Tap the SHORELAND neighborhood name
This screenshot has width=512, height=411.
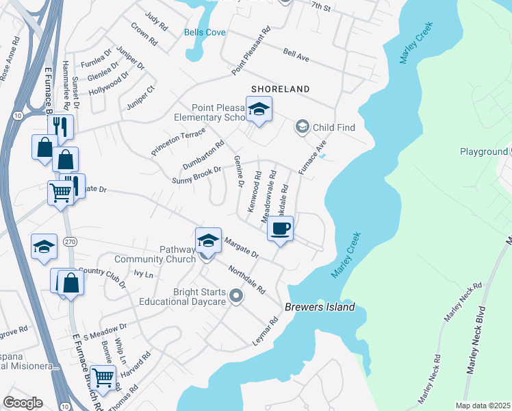point(280,89)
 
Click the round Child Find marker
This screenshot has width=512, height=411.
point(302,127)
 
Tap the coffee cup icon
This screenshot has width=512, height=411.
point(280,228)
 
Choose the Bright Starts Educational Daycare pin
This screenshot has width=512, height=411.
point(236,296)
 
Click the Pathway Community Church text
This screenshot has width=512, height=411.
point(155,254)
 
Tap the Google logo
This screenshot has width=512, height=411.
point(23,403)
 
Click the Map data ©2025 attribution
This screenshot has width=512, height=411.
point(483,406)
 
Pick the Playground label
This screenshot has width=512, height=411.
point(483,151)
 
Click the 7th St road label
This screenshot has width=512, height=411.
point(320,6)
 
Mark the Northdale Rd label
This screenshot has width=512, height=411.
point(246,279)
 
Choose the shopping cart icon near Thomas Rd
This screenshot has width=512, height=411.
point(103,377)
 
